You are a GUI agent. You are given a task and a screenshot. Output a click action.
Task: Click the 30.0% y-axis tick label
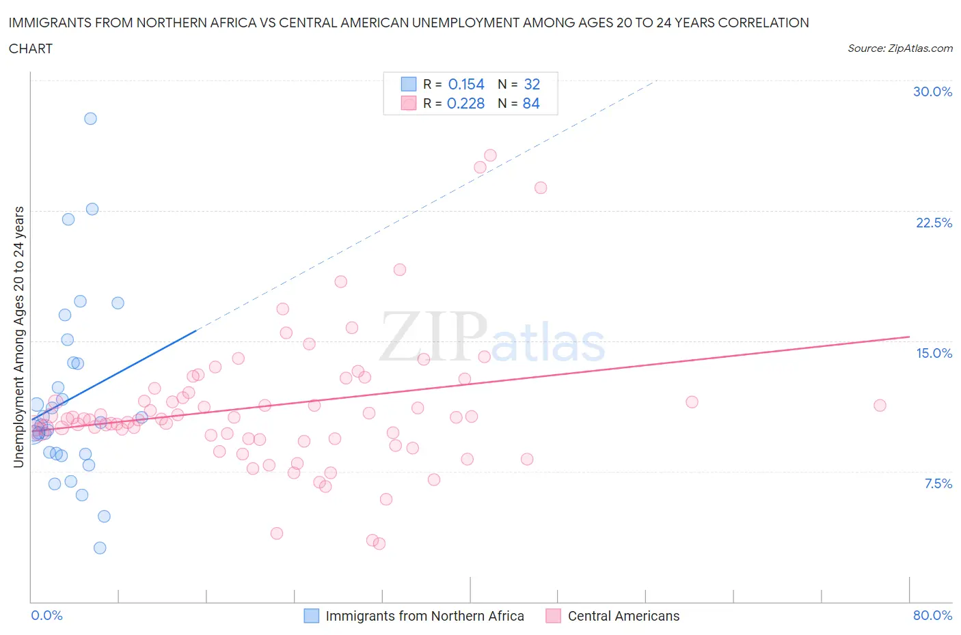coord(932,91)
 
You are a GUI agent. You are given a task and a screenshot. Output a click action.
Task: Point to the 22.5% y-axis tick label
coord(934,223)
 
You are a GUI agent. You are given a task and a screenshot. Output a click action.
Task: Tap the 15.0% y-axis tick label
coord(934,353)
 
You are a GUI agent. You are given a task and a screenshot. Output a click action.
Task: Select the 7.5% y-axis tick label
coord(938,483)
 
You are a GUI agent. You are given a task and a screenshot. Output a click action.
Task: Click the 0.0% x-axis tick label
coord(46,615)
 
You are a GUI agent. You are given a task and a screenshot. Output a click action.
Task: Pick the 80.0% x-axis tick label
coord(932,615)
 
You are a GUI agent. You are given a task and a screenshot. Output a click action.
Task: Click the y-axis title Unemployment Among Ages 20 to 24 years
coord(18,337)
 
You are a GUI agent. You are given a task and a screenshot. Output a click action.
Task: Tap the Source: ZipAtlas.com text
coord(899,48)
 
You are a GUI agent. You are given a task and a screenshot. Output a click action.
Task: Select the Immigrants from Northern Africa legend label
coord(424,616)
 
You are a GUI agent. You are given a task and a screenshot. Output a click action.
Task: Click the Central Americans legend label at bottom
coord(623,616)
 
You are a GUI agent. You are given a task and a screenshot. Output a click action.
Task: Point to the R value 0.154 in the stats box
coord(465,84)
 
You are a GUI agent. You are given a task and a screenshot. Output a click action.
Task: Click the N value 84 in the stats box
coord(531,103)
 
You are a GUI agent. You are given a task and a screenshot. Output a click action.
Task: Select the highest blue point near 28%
coord(90,118)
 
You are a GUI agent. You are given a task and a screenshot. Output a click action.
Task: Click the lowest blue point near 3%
coord(100,548)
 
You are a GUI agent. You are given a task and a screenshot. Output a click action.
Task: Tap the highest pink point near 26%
coord(490,155)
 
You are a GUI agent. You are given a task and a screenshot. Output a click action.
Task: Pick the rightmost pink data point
coord(880,405)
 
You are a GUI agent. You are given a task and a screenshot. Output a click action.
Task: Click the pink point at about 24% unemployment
coord(541,188)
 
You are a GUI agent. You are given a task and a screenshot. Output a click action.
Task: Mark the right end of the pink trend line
coord(909,337)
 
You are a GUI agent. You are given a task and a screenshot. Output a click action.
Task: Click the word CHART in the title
coord(31,48)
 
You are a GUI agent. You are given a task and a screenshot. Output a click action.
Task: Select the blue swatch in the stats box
coord(408,84)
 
